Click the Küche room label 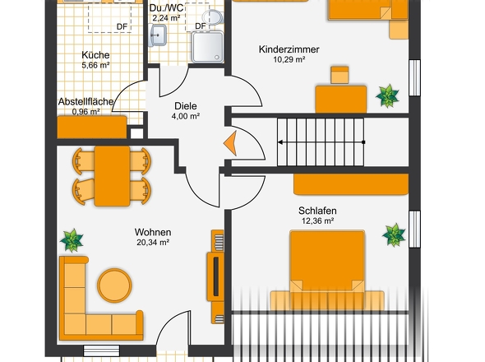pyautogui.click(x=95, y=55)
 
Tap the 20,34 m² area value pyautogui.click(x=153, y=242)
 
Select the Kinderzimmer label pyautogui.click(x=289, y=49)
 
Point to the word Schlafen pyautogui.click(x=317, y=211)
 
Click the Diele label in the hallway pyautogui.click(x=186, y=106)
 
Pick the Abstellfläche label pyautogui.click(x=85, y=101)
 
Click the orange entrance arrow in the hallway pyautogui.click(x=230, y=143)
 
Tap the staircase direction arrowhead pyautogui.click(x=280, y=142)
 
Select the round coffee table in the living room pyautogui.click(x=114, y=285)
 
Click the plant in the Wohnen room pyautogui.click(x=72, y=240)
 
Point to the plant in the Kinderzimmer pyautogui.click(x=387, y=95)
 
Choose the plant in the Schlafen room pyautogui.click(x=394, y=235)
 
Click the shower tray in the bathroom pyautogui.click(x=207, y=47)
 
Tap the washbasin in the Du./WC pyautogui.click(x=158, y=35)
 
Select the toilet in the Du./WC pyautogui.click(x=212, y=16)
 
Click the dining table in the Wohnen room pyautogui.click(x=112, y=176)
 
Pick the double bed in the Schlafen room pyautogui.click(x=327, y=270)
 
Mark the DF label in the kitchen pyautogui.click(x=122, y=27)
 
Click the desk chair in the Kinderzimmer pyautogui.click(x=339, y=75)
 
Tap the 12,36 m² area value pyautogui.click(x=317, y=220)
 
